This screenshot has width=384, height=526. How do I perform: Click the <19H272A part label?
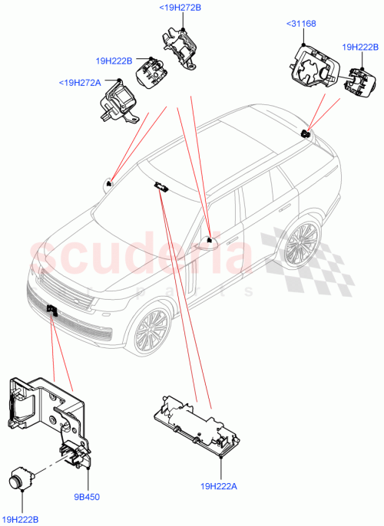(80, 82)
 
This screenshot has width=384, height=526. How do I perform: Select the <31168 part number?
(301, 24)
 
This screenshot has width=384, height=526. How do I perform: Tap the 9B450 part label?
(88, 497)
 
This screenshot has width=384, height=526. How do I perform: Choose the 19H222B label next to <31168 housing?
(362, 47)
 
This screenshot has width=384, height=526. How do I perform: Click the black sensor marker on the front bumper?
(51, 310)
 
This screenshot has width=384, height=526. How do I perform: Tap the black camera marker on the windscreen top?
(162, 186)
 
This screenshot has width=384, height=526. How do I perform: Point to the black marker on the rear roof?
(306, 134)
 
